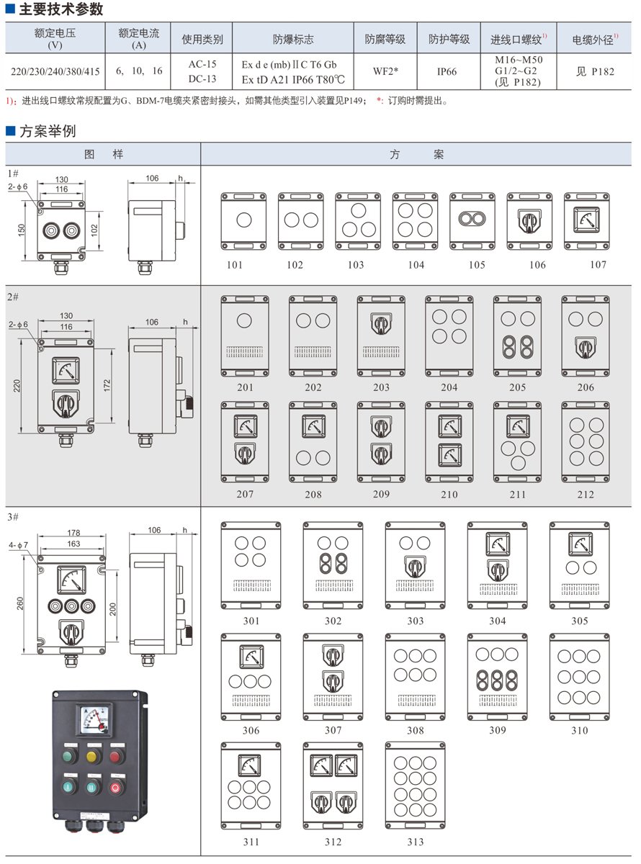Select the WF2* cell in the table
385,71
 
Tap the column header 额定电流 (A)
140,39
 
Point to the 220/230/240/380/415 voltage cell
55,71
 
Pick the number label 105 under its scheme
476,265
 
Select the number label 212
585,494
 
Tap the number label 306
251,730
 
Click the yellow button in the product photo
92,755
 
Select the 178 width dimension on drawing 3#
73,533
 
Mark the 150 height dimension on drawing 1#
22,228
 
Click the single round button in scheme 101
243,219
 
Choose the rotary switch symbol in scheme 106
529,220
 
